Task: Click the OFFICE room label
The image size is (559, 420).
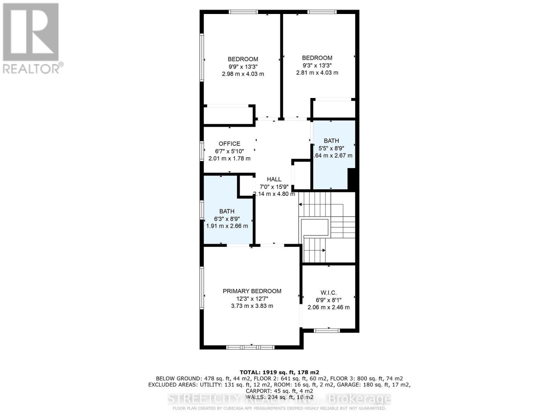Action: point(229,143)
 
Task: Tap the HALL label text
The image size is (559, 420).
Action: point(274,179)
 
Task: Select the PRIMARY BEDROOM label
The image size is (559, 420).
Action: point(252,291)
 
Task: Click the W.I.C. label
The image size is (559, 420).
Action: point(328,293)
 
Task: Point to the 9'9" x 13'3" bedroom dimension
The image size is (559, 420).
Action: point(243,66)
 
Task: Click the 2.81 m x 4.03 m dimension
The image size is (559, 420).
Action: point(317,73)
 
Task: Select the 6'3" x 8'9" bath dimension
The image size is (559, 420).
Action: point(227,218)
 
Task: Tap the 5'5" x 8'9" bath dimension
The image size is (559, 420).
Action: point(331,148)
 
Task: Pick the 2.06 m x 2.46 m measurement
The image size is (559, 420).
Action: point(328,307)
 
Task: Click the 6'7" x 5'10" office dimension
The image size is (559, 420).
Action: point(229,151)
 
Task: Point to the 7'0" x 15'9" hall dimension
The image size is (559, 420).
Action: point(274,187)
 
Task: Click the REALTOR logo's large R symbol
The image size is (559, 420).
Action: point(31,32)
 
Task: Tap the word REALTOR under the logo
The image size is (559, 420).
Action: point(31,68)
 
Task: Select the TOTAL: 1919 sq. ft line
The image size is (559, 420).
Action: point(279,372)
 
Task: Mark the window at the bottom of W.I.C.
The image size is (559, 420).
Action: point(326,330)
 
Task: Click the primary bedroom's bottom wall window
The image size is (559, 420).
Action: point(250,347)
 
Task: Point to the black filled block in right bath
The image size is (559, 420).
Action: point(352,179)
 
